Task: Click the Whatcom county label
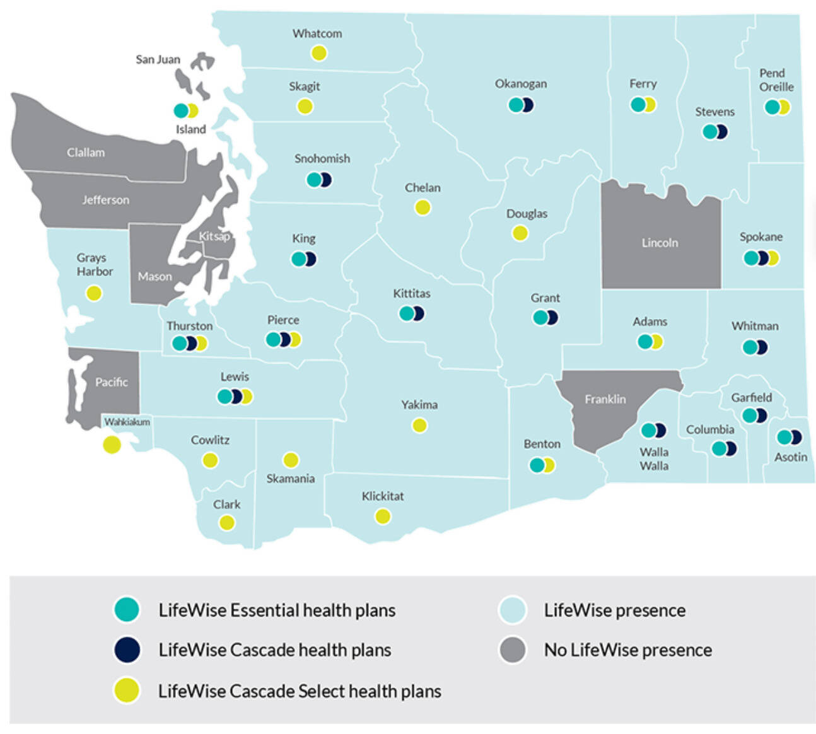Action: click(317, 33)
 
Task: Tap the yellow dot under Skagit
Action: click(305, 106)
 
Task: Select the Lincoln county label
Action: click(660, 243)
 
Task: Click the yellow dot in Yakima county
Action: click(419, 426)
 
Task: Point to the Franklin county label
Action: click(605, 399)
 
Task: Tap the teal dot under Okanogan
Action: click(516, 105)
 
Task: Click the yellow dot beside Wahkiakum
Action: click(112, 445)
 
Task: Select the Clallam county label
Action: click(86, 153)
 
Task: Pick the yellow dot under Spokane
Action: click(772, 258)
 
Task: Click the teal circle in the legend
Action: click(127, 610)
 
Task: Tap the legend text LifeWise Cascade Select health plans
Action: click(300, 691)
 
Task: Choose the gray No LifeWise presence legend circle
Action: click(512, 650)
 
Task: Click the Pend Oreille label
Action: click(776, 80)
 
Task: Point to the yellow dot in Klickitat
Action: click(383, 516)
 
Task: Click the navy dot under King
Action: click(310, 259)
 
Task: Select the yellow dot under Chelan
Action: click(423, 207)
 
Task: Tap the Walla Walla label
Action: click(654, 459)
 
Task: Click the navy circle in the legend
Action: click(127, 650)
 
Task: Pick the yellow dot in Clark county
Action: click(226, 523)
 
